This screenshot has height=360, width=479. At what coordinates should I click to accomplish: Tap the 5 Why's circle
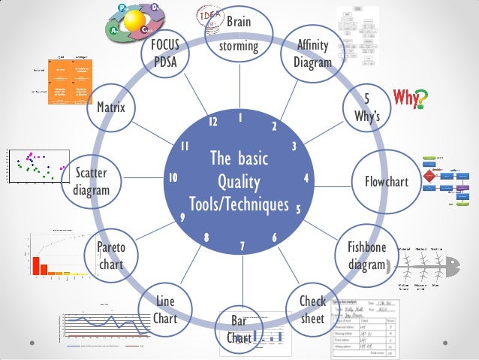(x=366, y=107)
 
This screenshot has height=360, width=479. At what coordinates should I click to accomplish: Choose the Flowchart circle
(x=386, y=181)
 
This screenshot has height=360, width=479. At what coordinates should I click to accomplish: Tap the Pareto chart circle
(x=112, y=256)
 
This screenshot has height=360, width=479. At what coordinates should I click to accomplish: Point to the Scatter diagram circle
(x=92, y=181)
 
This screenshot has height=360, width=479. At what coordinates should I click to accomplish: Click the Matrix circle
(x=111, y=107)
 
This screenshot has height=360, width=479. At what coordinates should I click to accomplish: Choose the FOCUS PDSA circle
(x=164, y=53)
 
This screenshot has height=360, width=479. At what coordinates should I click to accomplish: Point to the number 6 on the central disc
(x=275, y=237)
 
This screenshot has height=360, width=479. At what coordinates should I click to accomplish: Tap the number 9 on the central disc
(x=182, y=218)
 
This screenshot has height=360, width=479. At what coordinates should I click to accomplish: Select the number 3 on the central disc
(x=294, y=146)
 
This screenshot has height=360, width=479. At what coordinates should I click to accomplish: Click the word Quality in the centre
(x=239, y=182)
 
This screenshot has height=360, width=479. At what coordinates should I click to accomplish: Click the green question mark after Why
(x=422, y=97)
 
